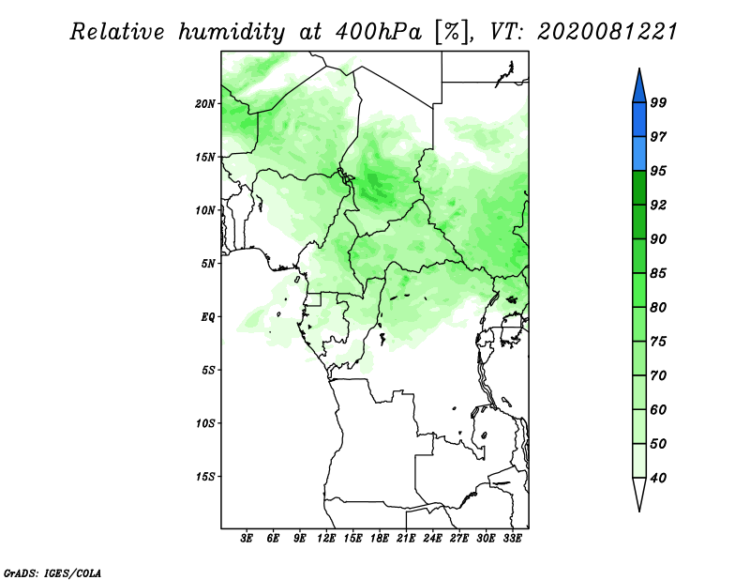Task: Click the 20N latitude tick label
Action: (x=205, y=104)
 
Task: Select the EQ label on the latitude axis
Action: (x=207, y=317)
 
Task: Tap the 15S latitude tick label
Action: (x=205, y=477)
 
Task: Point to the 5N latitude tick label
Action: (x=208, y=264)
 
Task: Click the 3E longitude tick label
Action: (x=247, y=538)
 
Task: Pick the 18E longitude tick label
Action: (x=380, y=538)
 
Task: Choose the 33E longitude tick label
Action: (x=512, y=538)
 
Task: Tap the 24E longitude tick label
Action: (x=432, y=538)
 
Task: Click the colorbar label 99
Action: (x=658, y=102)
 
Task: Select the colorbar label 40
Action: (x=658, y=478)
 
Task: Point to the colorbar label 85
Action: (x=658, y=273)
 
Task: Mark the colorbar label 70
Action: (x=658, y=375)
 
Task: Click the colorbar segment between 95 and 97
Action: (x=639, y=154)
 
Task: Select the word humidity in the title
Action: (x=232, y=33)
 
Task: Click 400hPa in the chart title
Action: (x=379, y=32)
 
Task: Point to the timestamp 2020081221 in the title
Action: (x=607, y=32)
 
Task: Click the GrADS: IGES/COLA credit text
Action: (x=52, y=572)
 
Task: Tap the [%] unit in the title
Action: (x=451, y=33)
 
